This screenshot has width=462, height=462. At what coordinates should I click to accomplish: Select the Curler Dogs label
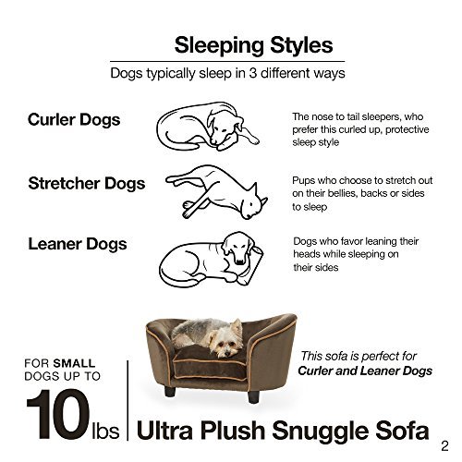(x=74, y=120)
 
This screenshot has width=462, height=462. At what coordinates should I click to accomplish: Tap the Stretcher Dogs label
(x=86, y=183)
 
